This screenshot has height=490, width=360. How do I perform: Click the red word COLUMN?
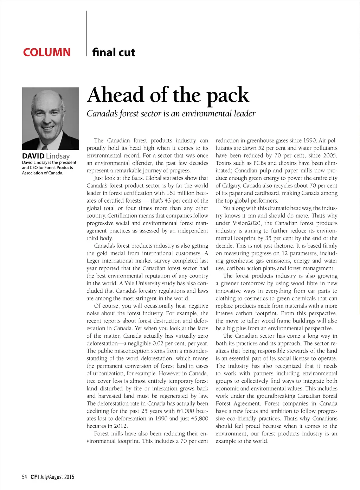(47, 52)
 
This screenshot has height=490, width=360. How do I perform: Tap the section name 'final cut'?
(114, 52)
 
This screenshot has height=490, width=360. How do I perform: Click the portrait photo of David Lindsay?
(51, 119)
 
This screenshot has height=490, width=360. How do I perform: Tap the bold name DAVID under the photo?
(33, 156)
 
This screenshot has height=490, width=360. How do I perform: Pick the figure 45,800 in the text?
(199, 419)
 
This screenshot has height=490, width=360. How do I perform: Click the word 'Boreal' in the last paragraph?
(329, 396)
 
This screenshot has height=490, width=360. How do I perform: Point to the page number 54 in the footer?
(25, 477)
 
